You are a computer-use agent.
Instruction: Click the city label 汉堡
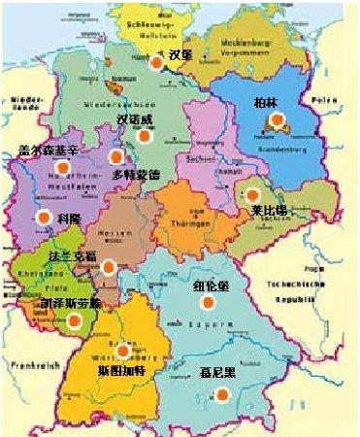[180, 54]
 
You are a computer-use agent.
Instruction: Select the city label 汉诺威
[135, 119]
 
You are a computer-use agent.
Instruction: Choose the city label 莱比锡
[265, 211]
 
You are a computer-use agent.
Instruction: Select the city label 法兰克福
[73, 256]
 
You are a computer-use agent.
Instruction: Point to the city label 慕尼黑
[224, 370]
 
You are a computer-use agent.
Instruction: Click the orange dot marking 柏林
[278, 121]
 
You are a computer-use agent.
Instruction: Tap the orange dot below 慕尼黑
[223, 393]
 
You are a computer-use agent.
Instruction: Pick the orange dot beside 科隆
[42, 218]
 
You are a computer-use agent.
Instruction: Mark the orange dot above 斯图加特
[123, 351]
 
